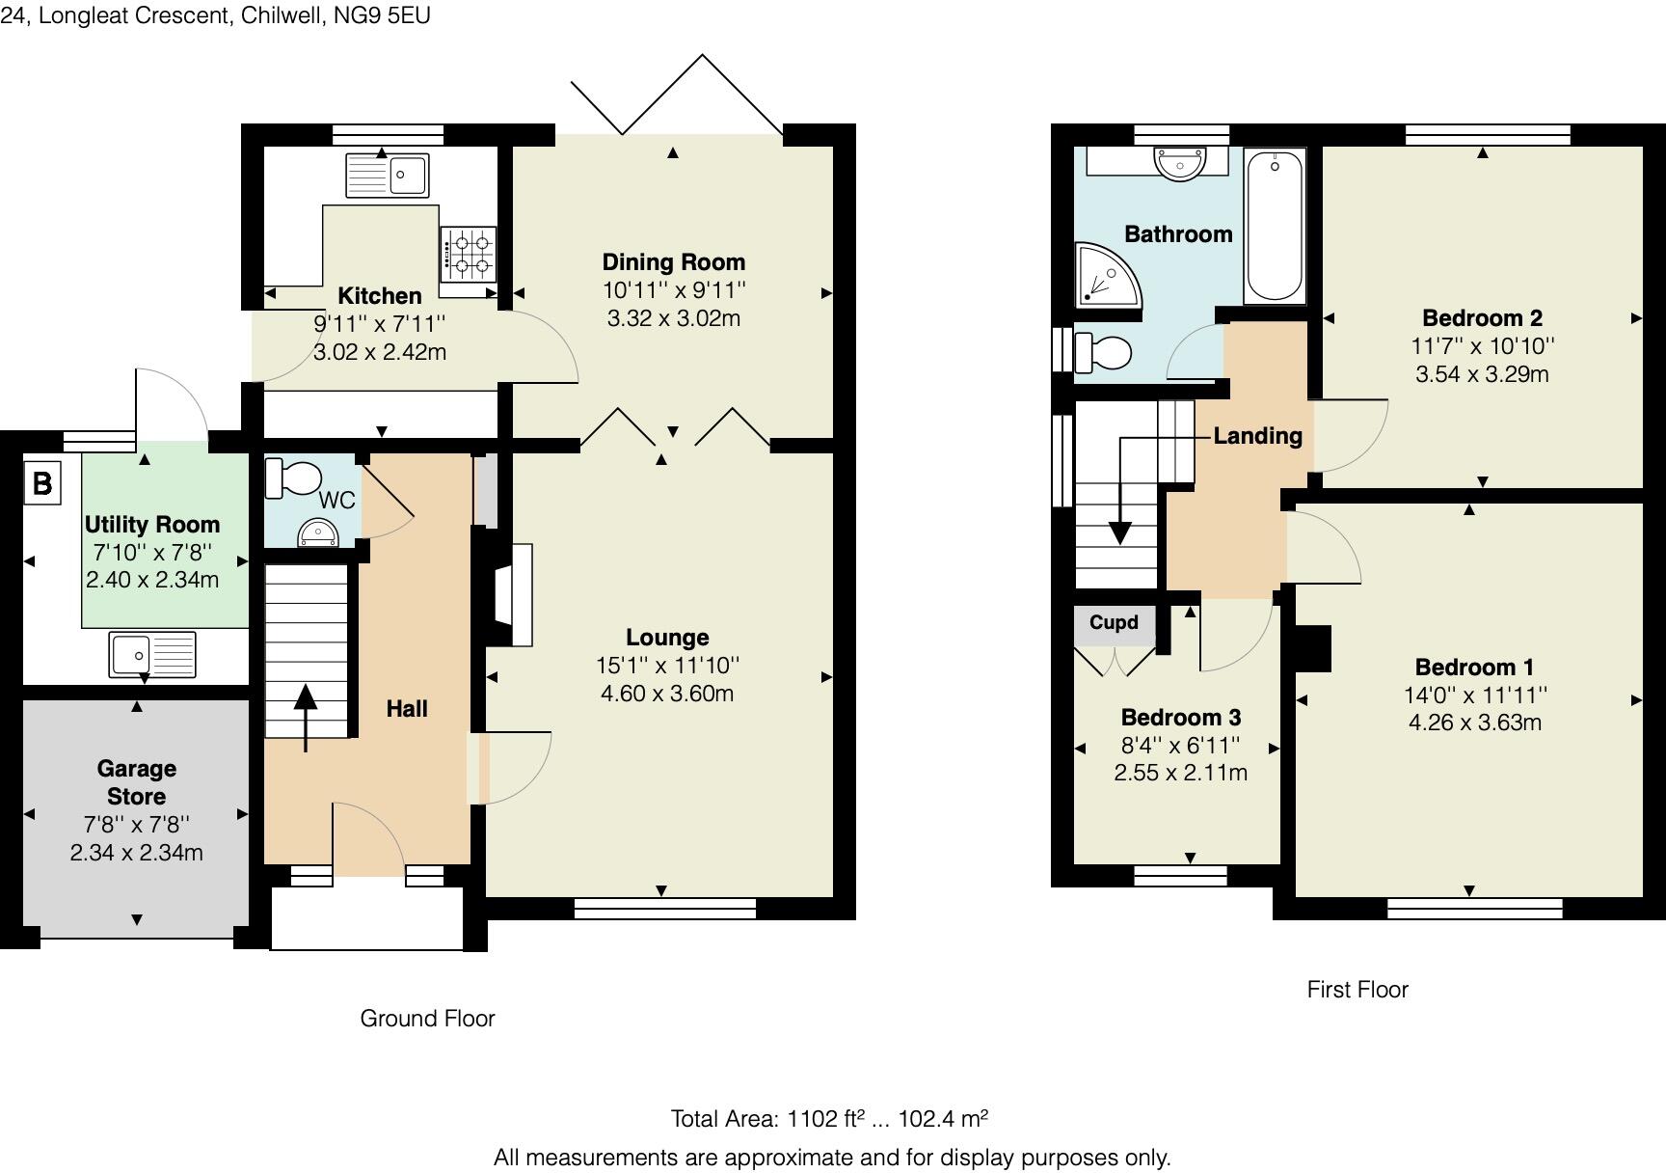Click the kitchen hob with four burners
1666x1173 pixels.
(x=470, y=254)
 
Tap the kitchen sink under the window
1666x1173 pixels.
(x=388, y=176)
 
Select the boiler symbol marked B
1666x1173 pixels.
(x=42, y=482)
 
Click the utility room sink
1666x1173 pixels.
(x=152, y=654)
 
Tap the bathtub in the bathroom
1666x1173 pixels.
(x=1275, y=226)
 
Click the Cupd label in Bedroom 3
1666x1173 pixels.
(x=1114, y=622)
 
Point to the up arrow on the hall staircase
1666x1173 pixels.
(x=307, y=717)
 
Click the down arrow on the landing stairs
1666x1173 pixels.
(x=1119, y=490)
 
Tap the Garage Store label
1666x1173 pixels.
(x=137, y=782)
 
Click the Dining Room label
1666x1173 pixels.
(x=674, y=261)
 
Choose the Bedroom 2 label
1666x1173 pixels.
(x=1483, y=318)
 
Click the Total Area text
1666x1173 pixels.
(x=829, y=1119)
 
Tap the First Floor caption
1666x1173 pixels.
(x=1357, y=990)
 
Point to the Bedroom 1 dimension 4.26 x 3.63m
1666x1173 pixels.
(x=1475, y=723)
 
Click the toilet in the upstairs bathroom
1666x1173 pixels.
(x=1101, y=352)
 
